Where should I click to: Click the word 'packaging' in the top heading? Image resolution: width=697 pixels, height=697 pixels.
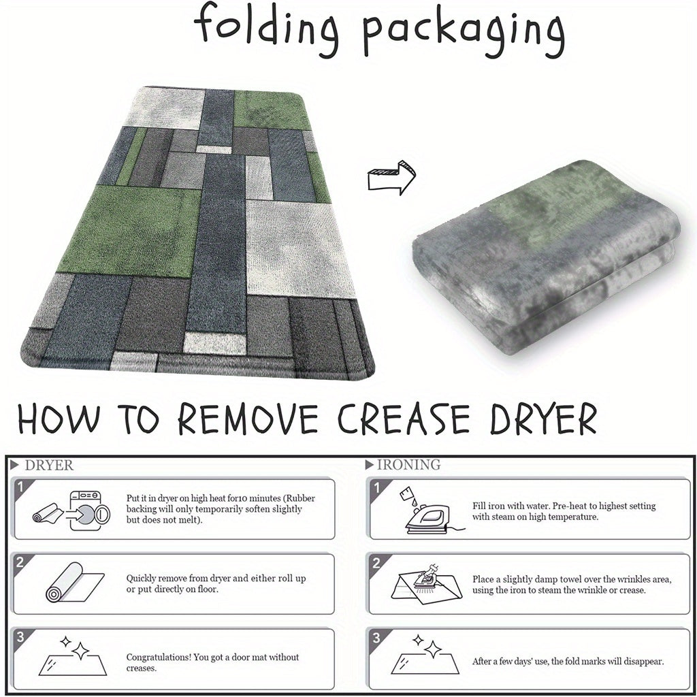[464, 35]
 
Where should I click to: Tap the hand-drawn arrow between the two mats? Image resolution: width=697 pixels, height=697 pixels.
[391, 177]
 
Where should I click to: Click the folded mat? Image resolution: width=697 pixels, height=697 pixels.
[547, 257]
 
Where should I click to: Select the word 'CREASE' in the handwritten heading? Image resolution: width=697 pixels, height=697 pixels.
[404, 419]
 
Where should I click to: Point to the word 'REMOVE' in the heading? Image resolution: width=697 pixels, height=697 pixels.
[248, 419]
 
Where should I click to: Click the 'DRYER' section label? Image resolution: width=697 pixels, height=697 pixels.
[49, 466]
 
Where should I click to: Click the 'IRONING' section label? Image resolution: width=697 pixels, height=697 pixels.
[408, 464]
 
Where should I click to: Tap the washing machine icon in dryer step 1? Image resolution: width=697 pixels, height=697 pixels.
[90, 510]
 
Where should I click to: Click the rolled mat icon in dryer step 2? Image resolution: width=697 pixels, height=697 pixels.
[75, 583]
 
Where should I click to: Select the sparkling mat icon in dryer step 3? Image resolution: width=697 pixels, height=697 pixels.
[73, 656]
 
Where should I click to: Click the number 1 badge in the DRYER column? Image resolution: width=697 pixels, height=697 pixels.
[20, 487]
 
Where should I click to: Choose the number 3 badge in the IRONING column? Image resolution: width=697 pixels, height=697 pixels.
[376, 638]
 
